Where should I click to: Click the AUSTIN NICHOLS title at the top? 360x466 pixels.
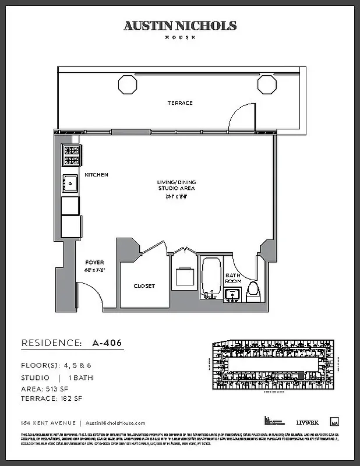tap(180, 26)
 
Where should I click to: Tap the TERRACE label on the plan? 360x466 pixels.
tap(180, 103)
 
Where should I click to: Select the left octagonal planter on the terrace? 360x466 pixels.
tap(128, 84)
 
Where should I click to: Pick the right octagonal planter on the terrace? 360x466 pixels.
tap(267, 84)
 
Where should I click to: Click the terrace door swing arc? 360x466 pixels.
tap(242, 117)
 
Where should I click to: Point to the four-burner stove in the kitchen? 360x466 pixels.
tap(71, 156)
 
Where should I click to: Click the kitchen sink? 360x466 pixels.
tap(70, 183)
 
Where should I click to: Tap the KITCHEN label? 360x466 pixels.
tap(96, 175)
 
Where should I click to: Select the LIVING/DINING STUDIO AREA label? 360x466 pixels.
tap(176, 185)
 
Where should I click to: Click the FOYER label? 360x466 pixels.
tap(94, 262)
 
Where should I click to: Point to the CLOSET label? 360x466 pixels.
tap(144, 286)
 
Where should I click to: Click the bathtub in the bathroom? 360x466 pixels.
tap(210, 277)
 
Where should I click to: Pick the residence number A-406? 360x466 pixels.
tap(109, 343)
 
